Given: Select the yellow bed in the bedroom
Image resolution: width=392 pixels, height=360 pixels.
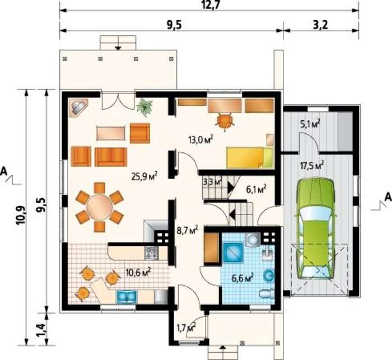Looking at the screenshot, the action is point(250,157).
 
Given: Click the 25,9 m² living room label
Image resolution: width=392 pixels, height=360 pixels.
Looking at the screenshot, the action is point(144,176).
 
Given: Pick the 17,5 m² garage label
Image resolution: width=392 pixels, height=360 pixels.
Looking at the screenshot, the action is point(312,165).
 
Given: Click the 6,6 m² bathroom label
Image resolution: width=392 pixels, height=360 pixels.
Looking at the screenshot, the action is point(242,278).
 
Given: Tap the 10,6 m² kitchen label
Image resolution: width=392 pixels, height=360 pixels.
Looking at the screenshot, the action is point(138,272).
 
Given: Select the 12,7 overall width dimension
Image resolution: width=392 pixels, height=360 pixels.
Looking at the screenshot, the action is point(212,5).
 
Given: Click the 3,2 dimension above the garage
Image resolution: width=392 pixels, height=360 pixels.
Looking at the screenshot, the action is point(321,25).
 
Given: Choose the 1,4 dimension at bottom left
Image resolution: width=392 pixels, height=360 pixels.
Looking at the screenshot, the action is point(42,330).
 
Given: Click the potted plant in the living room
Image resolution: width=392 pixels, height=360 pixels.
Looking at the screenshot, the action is point(144,107).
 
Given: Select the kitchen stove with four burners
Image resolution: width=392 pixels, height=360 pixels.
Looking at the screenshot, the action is point(151,253).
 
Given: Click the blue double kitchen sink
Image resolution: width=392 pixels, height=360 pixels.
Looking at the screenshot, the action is point(126,297).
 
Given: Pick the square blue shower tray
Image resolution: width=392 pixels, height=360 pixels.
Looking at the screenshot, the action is point(234,253).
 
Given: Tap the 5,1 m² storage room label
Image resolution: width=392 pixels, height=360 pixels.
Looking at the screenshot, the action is point(311,124).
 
